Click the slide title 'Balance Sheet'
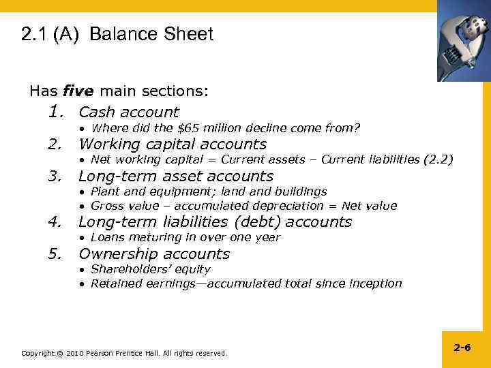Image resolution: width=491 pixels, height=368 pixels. click(151, 35)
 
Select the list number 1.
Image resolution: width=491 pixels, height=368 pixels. click(56, 111)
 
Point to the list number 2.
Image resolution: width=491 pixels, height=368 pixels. click(56, 144)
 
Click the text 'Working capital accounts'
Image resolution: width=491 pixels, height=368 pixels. click(173, 144)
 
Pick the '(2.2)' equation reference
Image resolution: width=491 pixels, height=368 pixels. click(436, 160)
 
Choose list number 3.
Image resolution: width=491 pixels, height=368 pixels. click(56, 177)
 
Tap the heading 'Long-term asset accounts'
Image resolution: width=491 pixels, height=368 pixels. click(176, 177)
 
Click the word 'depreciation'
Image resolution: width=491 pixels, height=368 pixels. click(284, 206)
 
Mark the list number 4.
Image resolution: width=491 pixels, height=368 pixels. click(56, 221)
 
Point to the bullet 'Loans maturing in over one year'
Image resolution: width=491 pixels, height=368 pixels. click(185, 238)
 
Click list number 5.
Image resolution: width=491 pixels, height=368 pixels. click(56, 254)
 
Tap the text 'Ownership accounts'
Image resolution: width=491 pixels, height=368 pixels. click(154, 254)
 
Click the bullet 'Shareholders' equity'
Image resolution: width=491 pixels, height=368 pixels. click(150, 270)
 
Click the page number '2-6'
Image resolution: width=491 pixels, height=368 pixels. click(462, 348)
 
